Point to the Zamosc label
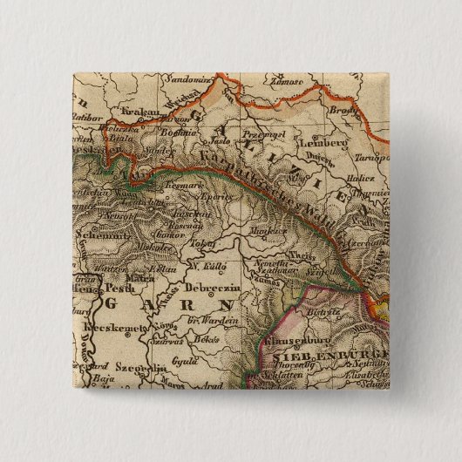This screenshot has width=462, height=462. pyautogui.click(x=285, y=81)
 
